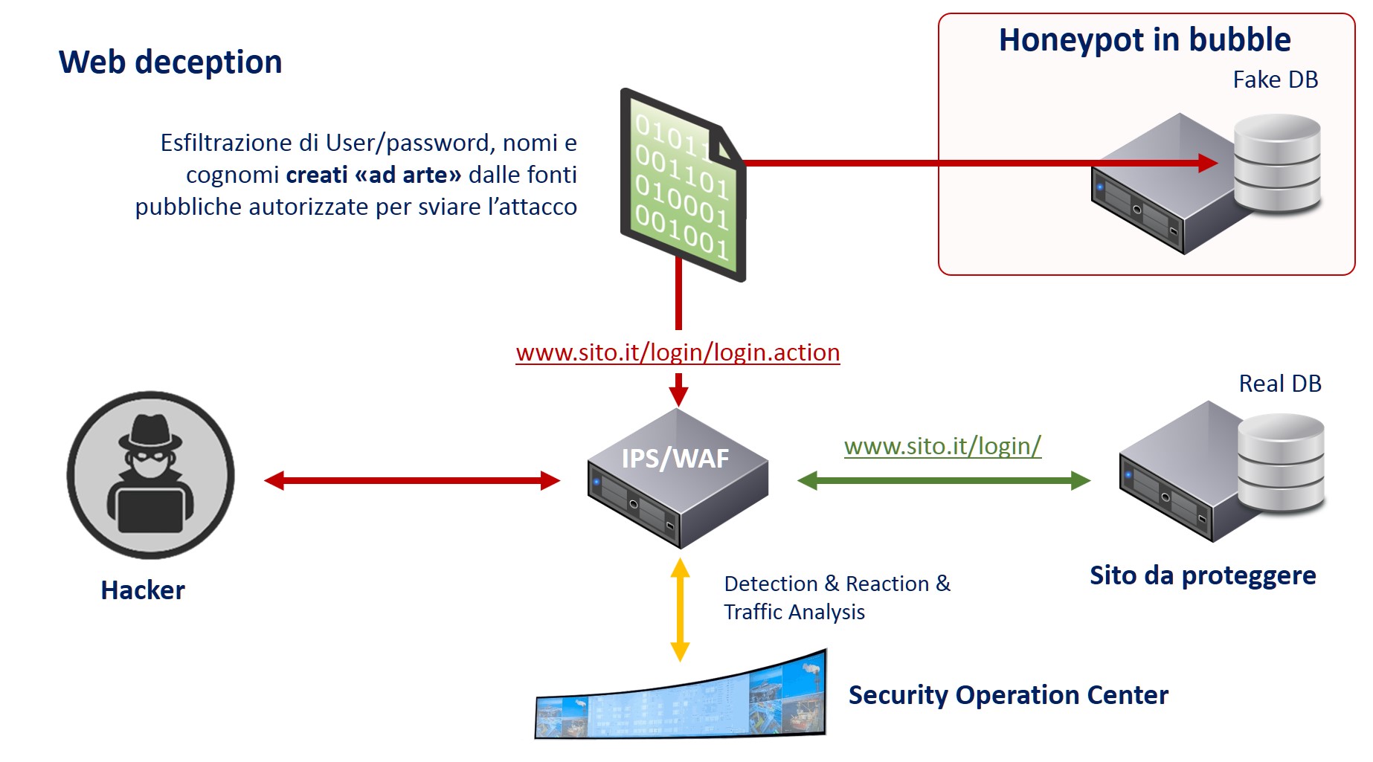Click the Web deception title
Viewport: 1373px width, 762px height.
click(x=170, y=62)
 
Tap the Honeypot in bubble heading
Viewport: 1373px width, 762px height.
click(x=1144, y=40)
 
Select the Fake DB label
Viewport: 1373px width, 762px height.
click(x=1275, y=80)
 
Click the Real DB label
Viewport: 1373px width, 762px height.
click(x=1279, y=384)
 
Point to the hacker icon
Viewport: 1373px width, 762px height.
click(x=151, y=475)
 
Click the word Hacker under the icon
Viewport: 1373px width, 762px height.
click(x=143, y=590)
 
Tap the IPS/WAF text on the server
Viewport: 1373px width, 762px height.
click(x=675, y=459)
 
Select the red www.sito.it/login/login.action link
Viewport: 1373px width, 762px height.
click(x=678, y=352)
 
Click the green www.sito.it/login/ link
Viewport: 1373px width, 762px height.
click(x=942, y=446)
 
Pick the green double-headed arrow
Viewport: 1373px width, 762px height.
click(x=943, y=481)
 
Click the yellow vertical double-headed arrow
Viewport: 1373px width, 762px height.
click(x=680, y=610)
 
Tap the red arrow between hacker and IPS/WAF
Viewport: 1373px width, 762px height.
click(x=412, y=481)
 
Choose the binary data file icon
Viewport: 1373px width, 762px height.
click(x=683, y=184)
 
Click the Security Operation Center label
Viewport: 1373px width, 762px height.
click(x=1008, y=695)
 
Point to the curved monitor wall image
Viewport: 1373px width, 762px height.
click(x=681, y=699)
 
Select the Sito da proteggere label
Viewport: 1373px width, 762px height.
click(x=1203, y=576)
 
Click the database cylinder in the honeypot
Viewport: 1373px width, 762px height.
click(x=1276, y=164)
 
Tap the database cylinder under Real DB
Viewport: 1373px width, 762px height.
click(x=1281, y=464)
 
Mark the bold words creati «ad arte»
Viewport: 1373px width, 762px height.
click(x=373, y=175)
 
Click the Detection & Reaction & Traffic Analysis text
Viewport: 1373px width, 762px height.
click(x=837, y=598)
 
